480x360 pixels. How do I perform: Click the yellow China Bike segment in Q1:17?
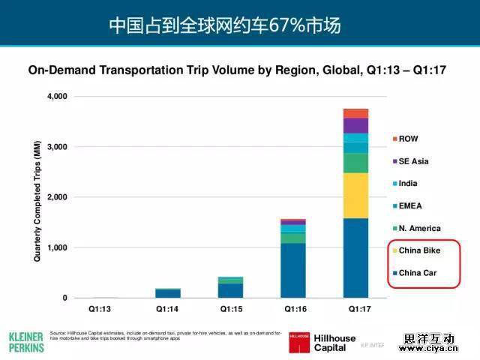point(355,195)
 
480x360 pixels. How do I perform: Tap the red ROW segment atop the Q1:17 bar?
point(355,113)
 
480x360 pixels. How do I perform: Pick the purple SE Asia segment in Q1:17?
point(355,125)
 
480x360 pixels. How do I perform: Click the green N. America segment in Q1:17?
point(355,163)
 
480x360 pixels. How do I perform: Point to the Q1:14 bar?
point(169,293)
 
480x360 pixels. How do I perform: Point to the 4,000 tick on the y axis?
point(57,97)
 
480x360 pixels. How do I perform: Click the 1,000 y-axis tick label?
point(57,247)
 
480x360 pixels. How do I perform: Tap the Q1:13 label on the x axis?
point(101,308)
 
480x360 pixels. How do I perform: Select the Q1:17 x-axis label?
point(355,308)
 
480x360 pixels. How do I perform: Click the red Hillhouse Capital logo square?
point(299,341)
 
